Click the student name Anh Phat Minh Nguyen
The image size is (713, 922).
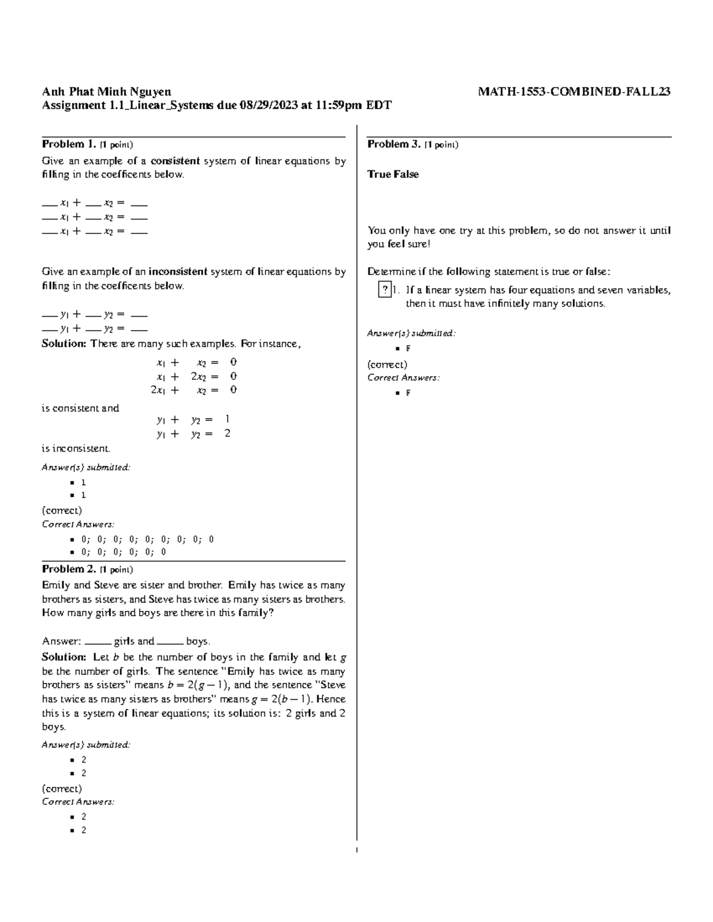pyautogui.click(x=106, y=91)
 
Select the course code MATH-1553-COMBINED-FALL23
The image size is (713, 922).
pyautogui.click(x=575, y=91)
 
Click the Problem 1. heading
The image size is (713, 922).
pyautogui.click(x=68, y=144)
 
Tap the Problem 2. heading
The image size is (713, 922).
pyautogui.click(x=68, y=569)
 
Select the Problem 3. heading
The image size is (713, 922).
pyautogui.click(x=394, y=144)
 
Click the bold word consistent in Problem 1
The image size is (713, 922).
pyautogui.click(x=175, y=161)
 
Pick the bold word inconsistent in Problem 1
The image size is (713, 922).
pyautogui.click(x=178, y=272)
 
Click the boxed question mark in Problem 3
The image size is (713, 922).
pyautogui.click(x=385, y=290)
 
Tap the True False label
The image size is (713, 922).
pyautogui.click(x=393, y=174)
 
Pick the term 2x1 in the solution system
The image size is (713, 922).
pyautogui.click(x=157, y=390)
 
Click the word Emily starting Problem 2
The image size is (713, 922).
pyautogui.click(x=55, y=585)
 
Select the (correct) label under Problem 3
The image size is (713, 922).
pyautogui.click(x=387, y=365)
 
